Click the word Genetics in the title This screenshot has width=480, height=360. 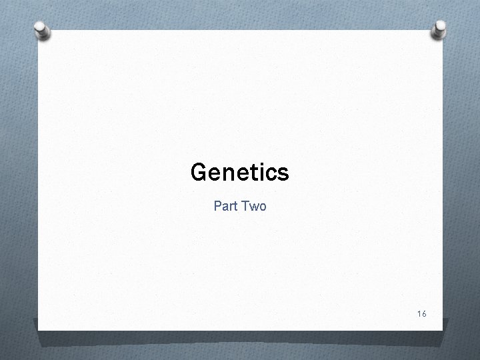point(239,173)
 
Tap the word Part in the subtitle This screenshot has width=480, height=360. point(225,207)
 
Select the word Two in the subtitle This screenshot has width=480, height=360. point(254,207)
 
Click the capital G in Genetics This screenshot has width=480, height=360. point(198,173)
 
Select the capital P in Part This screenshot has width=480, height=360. point(217,207)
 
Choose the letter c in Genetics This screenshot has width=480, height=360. point(270,175)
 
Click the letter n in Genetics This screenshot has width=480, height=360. point(227,175)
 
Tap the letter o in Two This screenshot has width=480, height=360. point(262,208)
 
